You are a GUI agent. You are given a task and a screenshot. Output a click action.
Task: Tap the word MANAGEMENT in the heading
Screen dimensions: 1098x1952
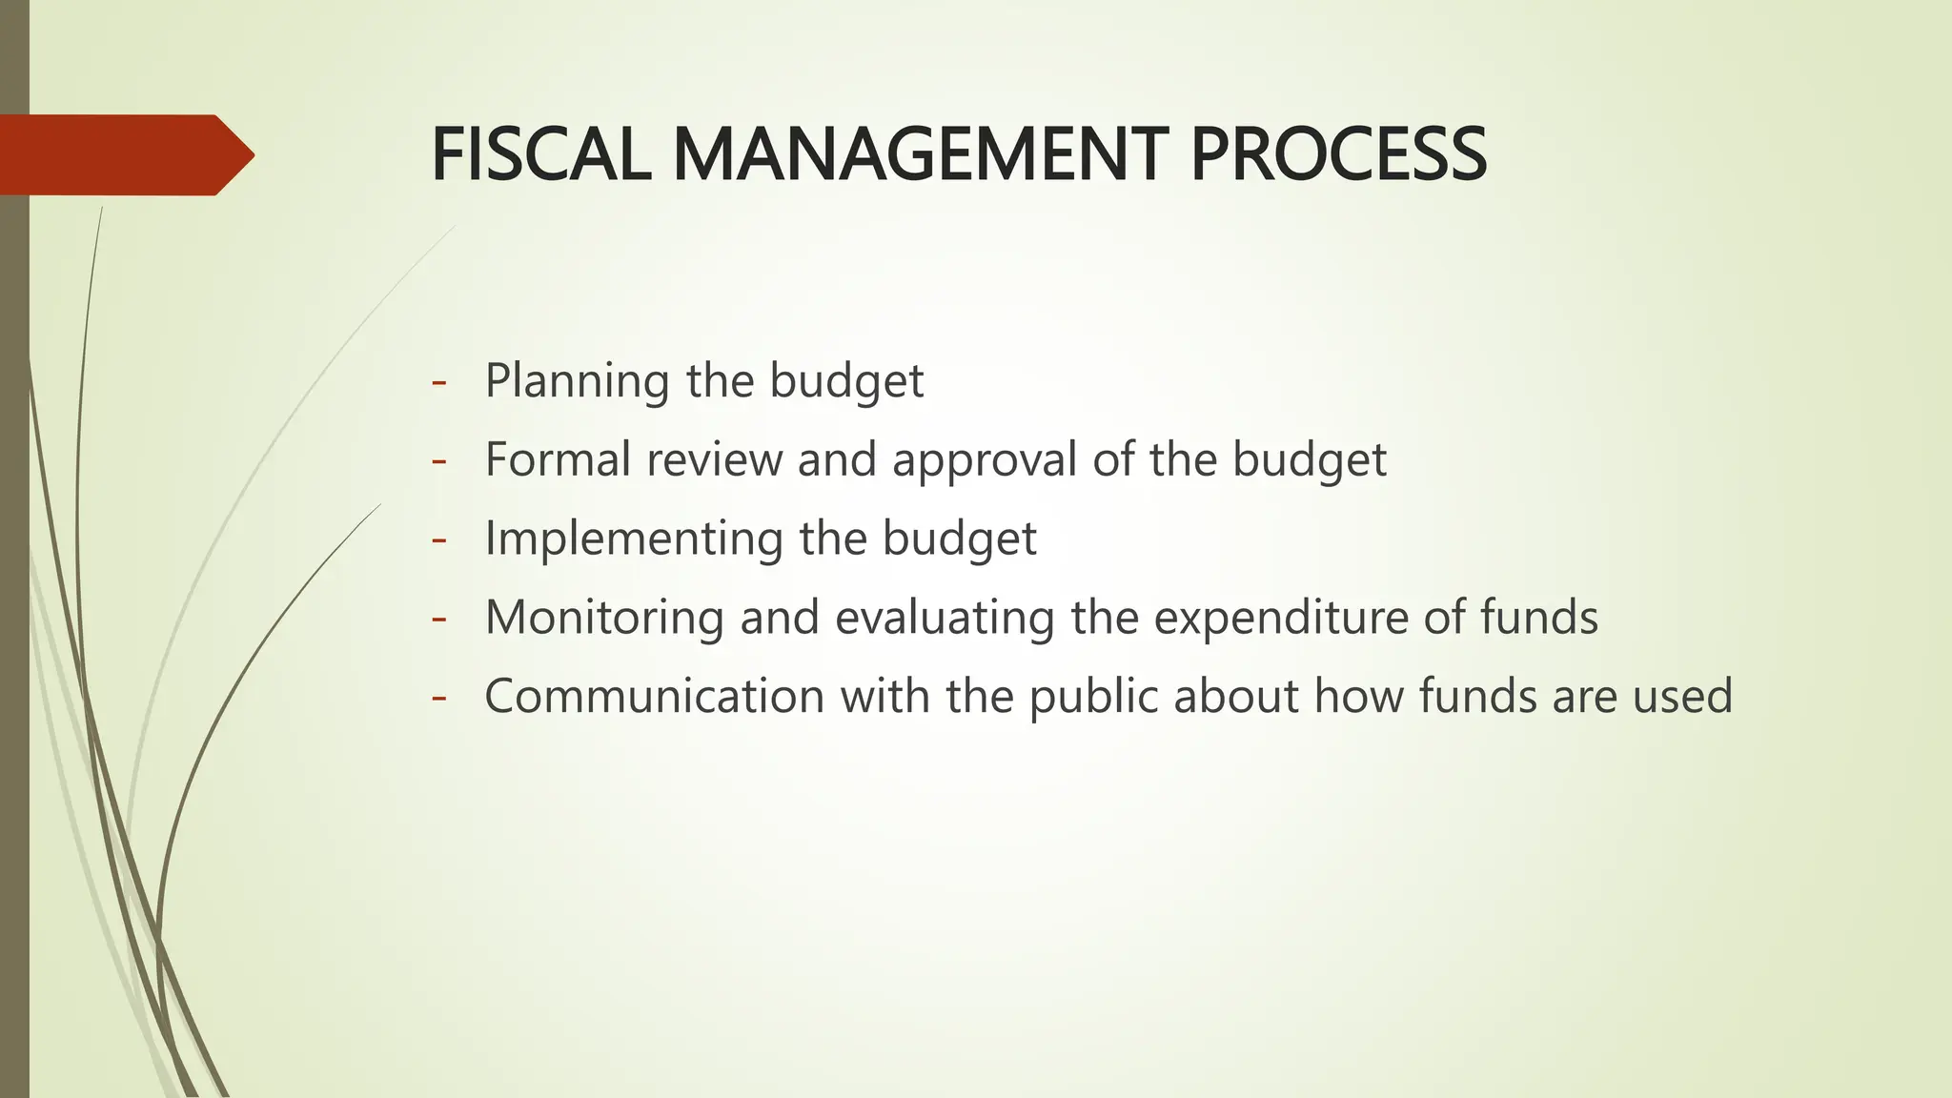(920, 154)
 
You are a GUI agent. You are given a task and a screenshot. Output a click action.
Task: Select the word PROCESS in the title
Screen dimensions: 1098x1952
(1338, 154)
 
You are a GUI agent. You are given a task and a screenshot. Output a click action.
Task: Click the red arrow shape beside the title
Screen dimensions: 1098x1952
(124, 154)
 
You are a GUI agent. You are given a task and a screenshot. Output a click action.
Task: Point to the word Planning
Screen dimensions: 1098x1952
(577, 381)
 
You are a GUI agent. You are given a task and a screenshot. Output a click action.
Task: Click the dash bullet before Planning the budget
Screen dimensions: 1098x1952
(438, 381)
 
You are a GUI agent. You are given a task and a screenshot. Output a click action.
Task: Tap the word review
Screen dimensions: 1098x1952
(714, 459)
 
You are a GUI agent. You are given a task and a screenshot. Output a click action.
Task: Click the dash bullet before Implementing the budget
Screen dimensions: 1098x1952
(438, 539)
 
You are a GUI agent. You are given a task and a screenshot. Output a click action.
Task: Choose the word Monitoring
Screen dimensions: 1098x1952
(604, 618)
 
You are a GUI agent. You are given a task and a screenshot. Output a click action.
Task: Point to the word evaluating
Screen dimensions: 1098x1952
(945, 618)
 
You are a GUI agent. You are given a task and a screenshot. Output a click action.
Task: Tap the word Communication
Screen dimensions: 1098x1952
(654, 696)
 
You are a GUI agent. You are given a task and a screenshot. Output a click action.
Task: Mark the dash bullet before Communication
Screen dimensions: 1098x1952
(438, 697)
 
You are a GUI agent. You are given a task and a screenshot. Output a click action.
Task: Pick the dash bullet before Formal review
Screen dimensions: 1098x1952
(438, 460)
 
